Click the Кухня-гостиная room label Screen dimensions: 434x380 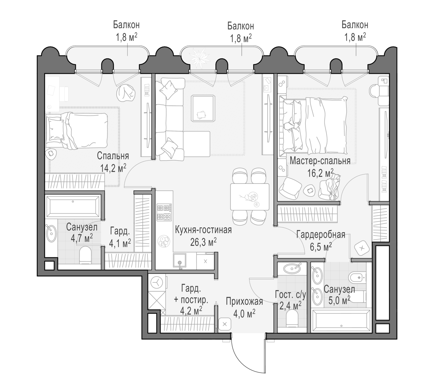click(x=203, y=230)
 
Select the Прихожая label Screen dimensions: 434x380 click(x=244, y=301)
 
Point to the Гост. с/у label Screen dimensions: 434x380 click(x=291, y=295)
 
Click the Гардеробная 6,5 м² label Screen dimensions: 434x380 click(x=321, y=241)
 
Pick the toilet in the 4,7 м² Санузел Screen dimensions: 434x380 click(x=85, y=255)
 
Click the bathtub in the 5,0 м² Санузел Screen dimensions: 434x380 click(x=341, y=321)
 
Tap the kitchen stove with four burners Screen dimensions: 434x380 click(x=164, y=212)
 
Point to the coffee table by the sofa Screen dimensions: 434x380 click(x=203, y=108)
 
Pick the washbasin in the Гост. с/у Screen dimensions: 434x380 click(x=292, y=268)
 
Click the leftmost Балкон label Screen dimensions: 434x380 click(x=126, y=25)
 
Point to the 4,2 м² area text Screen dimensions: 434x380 click(x=191, y=311)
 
